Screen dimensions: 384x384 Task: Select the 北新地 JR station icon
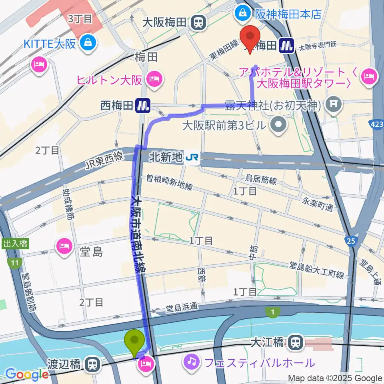tap(193, 159)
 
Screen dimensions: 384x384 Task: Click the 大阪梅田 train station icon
tap(197, 23)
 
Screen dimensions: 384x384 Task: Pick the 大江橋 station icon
tap(296, 342)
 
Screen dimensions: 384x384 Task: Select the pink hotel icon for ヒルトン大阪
tap(154, 80)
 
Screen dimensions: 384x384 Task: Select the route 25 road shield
tap(350, 241)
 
